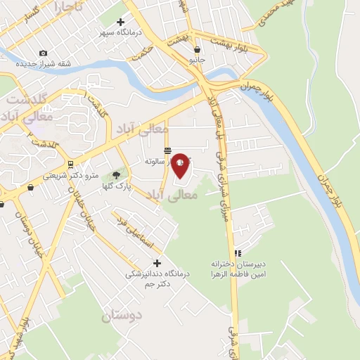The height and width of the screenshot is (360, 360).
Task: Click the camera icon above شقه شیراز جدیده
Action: pyautogui.click(x=44, y=53)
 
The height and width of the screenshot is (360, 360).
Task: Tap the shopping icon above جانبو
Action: pyautogui.click(x=198, y=50)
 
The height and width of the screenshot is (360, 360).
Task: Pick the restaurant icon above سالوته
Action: pyautogui.click(x=167, y=150)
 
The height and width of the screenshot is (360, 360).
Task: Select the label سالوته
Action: pyautogui.click(x=155, y=161)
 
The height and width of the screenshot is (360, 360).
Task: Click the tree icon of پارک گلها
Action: pyautogui.click(x=116, y=175)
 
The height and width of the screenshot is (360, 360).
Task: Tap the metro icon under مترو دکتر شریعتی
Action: pyautogui.click(x=31, y=188)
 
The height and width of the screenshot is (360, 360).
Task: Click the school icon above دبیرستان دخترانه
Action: pyautogui.click(x=238, y=253)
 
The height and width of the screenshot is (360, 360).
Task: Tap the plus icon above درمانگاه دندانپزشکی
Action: pyautogui.click(x=157, y=263)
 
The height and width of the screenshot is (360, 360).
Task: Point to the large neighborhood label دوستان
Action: pyautogui.click(x=122, y=316)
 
